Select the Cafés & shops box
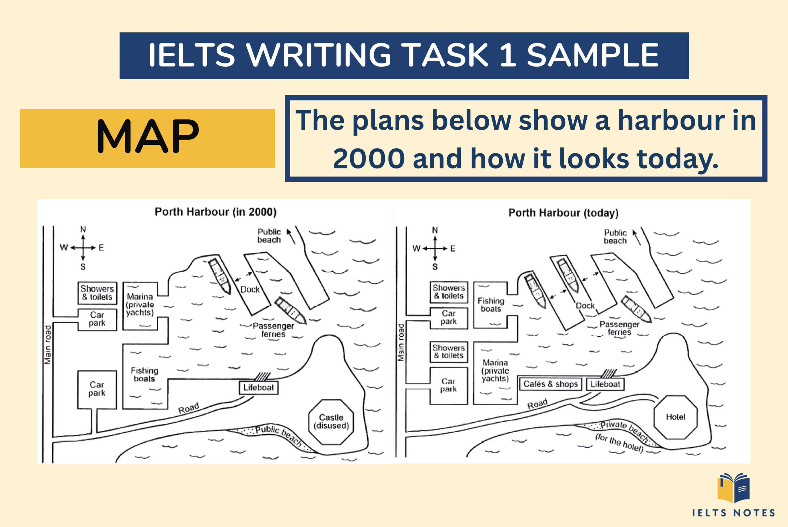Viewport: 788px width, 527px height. (550, 384)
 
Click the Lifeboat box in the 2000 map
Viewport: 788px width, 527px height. (259, 387)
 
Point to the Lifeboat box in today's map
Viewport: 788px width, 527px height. (605, 384)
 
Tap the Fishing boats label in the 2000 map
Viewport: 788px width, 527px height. (144, 375)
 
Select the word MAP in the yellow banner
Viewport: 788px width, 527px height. (148, 136)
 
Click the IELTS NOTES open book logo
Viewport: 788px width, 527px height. (733, 488)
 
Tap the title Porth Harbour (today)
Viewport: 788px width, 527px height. (563, 213)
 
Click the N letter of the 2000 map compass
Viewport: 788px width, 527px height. (83, 229)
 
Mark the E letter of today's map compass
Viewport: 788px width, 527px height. (453, 249)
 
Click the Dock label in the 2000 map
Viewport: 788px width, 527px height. (250, 290)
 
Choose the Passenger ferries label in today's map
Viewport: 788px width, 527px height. (619, 328)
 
